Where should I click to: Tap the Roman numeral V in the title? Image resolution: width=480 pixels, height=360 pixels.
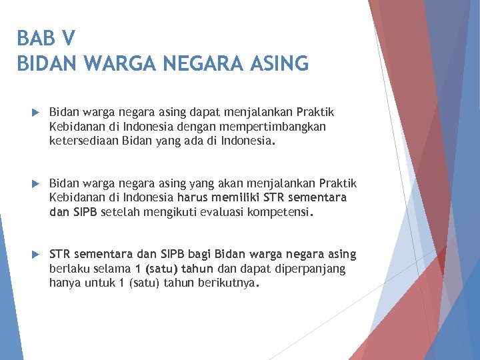pyautogui.click(x=70, y=37)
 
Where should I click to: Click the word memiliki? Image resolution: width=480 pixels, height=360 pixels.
pyautogui.click(x=237, y=197)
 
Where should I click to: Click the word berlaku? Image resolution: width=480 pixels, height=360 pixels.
pyautogui.click(x=69, y=269)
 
